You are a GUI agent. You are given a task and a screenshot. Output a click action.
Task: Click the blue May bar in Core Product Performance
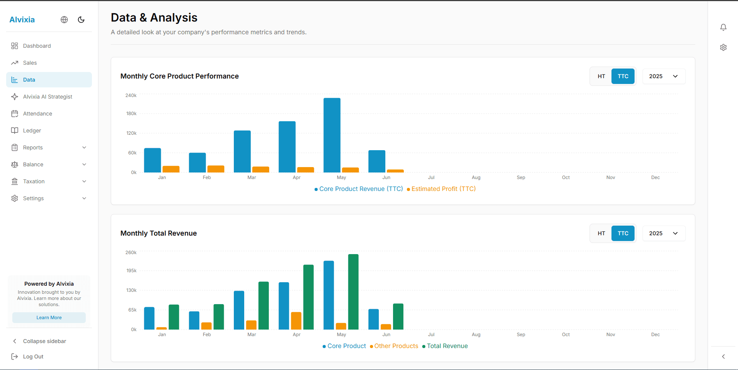[332, 135]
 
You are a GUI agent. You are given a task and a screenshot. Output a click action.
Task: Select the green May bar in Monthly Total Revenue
[353, 292]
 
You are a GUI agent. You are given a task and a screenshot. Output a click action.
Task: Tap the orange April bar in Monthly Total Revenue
[296, 321]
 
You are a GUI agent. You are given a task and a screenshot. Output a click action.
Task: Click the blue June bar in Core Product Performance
[376, 161]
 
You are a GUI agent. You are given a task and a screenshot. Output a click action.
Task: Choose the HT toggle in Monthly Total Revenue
[601, 233]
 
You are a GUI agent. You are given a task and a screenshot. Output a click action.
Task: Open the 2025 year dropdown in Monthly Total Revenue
[663, 233]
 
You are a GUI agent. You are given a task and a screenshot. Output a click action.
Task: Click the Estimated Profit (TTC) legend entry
[443, 189]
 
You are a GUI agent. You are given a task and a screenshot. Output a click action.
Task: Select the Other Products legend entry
[396, 346]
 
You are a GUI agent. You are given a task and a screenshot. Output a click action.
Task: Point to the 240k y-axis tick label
[131, 95]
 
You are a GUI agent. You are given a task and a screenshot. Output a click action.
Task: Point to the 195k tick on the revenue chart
[131, 271]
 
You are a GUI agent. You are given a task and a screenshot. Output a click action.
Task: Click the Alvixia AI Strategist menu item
[47, 97]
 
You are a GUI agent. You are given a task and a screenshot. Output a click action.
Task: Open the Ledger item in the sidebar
[32, 131]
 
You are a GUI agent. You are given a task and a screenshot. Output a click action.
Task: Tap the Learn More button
[49, 318]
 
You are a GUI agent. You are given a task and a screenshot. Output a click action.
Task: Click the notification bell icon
[723, 27]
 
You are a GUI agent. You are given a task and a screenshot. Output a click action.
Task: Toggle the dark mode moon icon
[81, 20]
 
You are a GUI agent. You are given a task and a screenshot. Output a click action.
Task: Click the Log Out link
[33, 357]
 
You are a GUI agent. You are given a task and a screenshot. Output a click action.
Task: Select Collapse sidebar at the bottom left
[44, 341]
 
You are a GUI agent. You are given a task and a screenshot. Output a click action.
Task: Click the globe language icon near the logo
[64, 20]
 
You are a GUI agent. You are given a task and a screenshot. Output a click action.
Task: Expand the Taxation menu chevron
[84, 181]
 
